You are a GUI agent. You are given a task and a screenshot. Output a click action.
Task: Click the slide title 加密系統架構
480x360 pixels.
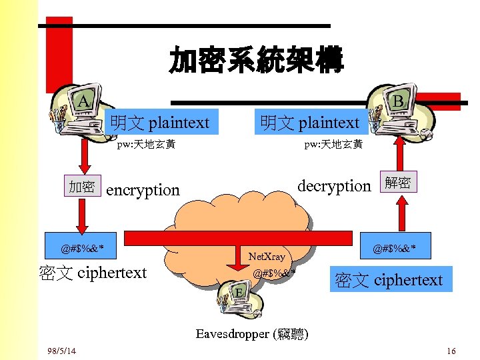tap(256, 61)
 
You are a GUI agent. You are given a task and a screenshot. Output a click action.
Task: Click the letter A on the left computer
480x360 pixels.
tap(83, 101)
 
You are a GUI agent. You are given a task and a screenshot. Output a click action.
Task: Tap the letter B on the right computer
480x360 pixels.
tap(397, 101)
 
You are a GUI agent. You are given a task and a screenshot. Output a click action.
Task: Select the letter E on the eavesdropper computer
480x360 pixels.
tap(239, 292)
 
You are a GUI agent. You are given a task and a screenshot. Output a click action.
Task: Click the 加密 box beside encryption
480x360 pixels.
tap(82, 187)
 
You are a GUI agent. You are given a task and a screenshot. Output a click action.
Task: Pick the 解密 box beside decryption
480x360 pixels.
tap(398, 182)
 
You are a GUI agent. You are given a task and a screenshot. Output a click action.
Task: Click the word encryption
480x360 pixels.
tap(143, 190)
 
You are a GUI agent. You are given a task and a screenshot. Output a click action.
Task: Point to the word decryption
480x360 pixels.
tap(333, 185)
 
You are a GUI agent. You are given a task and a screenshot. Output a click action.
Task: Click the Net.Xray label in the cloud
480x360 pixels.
tap(266, 257)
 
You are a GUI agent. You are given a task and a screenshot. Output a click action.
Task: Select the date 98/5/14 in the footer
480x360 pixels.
tap(62, 351)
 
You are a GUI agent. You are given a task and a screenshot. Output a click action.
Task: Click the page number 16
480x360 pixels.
tap(451, 351)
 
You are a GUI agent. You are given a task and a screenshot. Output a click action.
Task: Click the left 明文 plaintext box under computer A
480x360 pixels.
tap(161, 123)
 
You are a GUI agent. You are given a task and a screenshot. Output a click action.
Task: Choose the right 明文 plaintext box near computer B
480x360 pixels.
tap(310, 123)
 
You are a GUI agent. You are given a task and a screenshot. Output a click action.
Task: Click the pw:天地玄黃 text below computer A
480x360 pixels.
tap(146, 144)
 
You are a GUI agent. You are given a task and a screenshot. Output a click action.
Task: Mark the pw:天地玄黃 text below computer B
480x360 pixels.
tap(333, 144)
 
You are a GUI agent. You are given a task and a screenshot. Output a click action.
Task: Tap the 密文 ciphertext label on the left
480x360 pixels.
tap(93, 273)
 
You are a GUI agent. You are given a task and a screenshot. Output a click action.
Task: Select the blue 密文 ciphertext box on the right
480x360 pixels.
tap(389, 280)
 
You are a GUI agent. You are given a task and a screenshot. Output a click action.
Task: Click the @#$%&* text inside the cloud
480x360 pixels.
tap(274, 272)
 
